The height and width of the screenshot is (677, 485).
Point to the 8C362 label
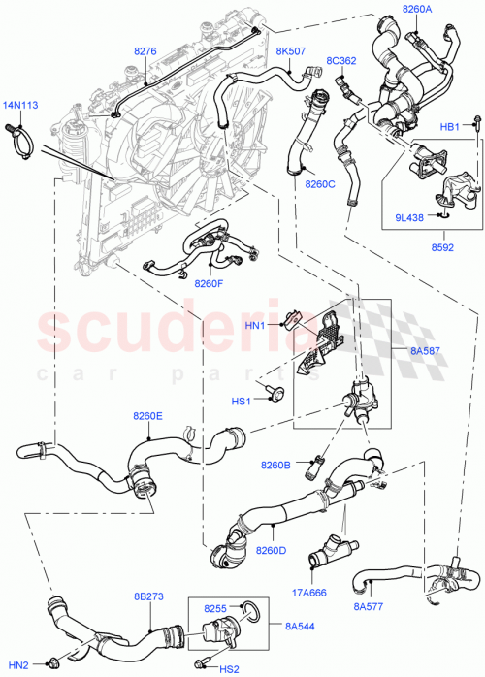pyautogui.click(x=340, y=60)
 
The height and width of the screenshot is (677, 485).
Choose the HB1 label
pyautogui.click(x=450, y=127)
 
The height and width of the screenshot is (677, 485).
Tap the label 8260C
pyautogui.click(x=320, y=183)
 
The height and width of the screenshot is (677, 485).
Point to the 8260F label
pyautogui.click(x=209, y=283)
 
